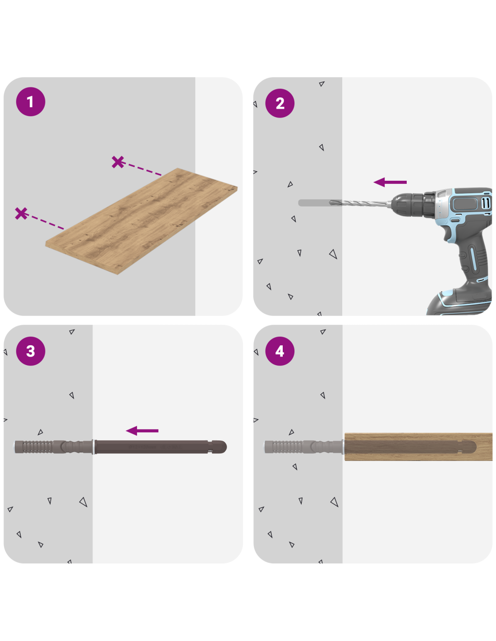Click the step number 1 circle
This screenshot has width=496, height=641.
[30, 101]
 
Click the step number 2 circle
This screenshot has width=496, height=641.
[280, 103]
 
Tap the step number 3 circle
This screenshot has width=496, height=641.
[30, 351]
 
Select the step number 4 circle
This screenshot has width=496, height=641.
[280, 351]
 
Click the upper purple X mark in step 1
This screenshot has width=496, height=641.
[118, 162]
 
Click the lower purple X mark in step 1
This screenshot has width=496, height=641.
[21, 213]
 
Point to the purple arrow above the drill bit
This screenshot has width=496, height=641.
[390, 182]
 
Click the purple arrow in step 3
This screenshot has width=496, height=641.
[142, 430]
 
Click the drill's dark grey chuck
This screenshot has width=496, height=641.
[413, 204]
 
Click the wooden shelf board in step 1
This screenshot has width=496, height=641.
[141, 221]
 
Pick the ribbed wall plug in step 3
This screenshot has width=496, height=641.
[53, 447]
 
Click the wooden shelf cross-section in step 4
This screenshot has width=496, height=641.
[418, 447]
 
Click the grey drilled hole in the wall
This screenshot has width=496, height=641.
[314, 203]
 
